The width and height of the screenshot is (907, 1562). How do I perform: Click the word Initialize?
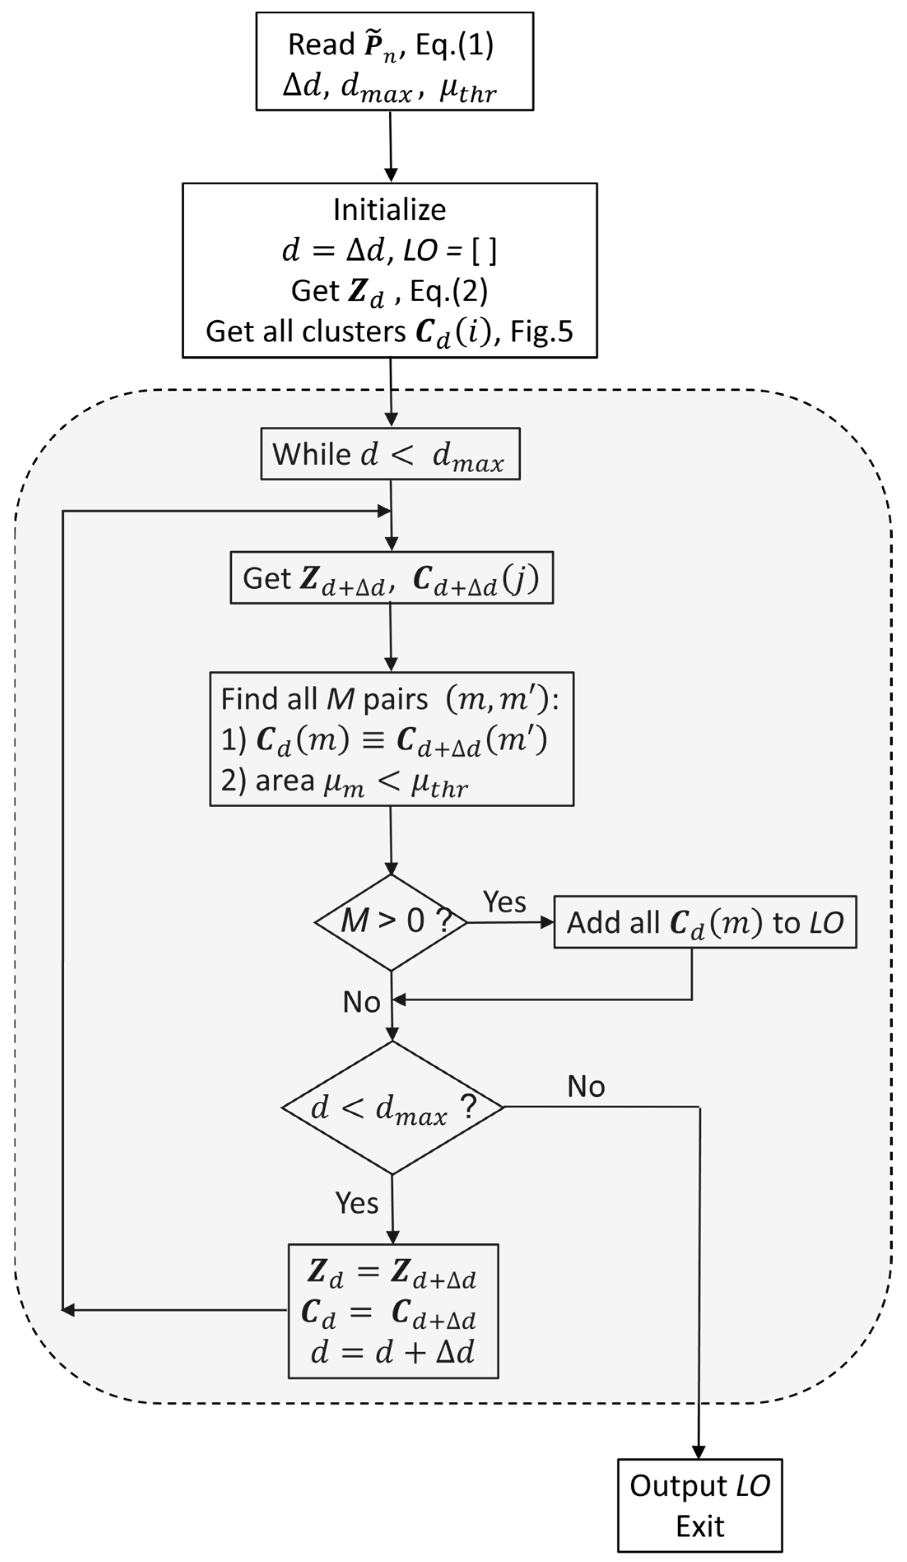(x=389, y=209)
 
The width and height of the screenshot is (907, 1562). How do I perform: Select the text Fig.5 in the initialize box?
(x=541, y=332)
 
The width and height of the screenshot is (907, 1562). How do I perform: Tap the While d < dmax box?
(x=390, y=454)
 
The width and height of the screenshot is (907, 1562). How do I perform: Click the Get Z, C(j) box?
(x=391, y=578)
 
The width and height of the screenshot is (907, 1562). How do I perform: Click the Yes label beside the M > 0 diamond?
(x=504, y=901)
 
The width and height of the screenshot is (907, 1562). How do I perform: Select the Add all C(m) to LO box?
(x=705, y=922)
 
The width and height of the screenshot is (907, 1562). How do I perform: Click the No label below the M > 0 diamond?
(x=361, y=1002)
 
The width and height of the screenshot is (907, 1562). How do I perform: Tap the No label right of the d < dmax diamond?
(x=586, y=1086)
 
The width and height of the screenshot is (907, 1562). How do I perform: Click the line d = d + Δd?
(x=393, y=1353)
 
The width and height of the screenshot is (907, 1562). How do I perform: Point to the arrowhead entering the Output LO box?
(x=699, y=1452)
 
